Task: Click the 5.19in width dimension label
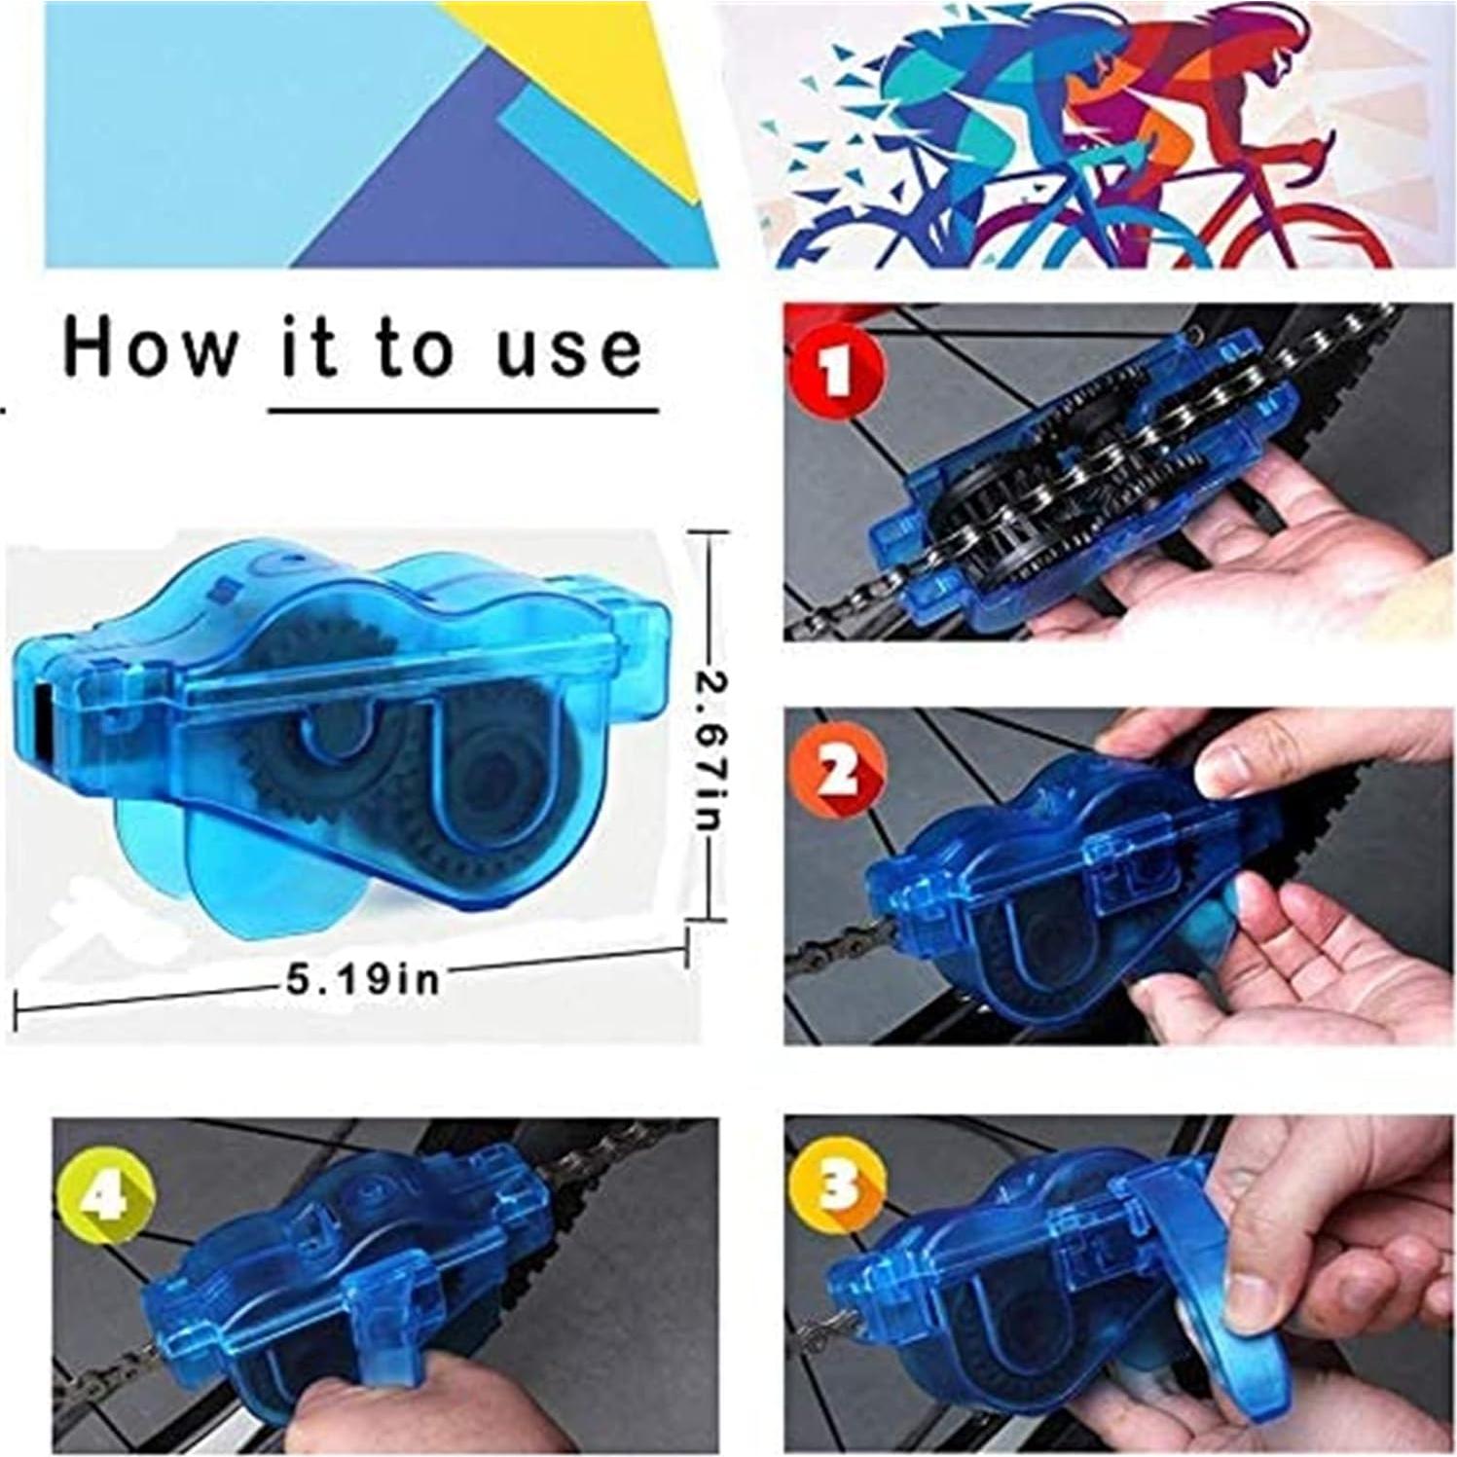coord(361,976)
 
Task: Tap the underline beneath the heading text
coord(463,411)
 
